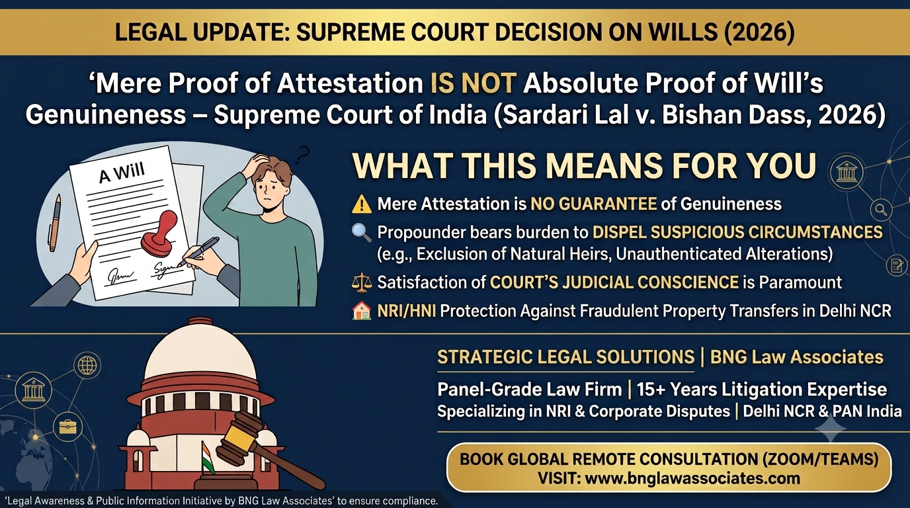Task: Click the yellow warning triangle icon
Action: pyautogui.click(x=361, y=204)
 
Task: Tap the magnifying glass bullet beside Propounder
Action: pyautogui.click(x=361, y=233)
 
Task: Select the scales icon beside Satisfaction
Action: pyautogui.click(x=361, y=282)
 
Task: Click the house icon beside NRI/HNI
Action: pyautogui.click(x=361, y=311)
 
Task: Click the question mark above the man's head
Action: pyautogui.click(x=302, y=155)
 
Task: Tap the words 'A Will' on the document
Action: pyautogui.click(x=122, y=173)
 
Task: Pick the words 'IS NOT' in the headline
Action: pyautogui.click(x=473, y=83)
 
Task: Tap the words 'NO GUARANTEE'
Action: pyautogui.click(x=593, y=204)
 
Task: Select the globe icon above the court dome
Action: pyautogui.click(x=87, y=365)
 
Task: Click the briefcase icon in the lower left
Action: pyautogui.click(x=67, y=427)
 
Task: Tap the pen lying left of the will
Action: pyautogui.click(x=55, y=223)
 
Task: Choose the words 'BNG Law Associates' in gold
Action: pyautogui.click(x=796, y=357)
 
